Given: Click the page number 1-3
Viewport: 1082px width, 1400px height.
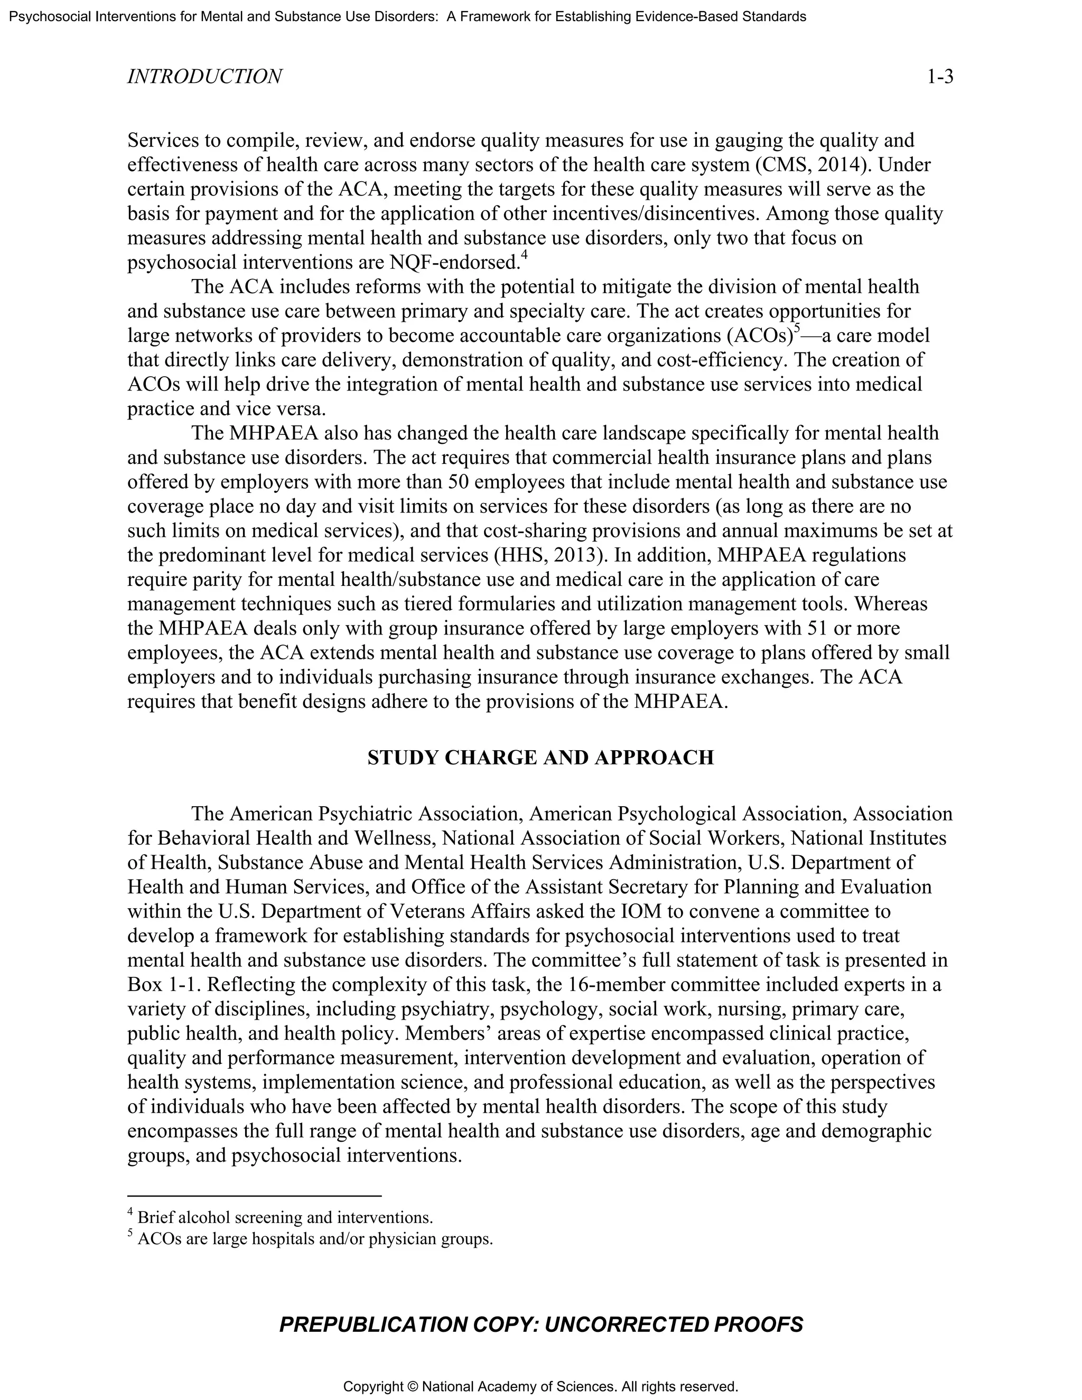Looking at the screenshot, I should click(940, 77).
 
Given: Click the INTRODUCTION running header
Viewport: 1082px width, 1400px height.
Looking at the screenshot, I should click(204, 77).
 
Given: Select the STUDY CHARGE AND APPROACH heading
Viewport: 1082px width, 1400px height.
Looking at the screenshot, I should click(540, 758).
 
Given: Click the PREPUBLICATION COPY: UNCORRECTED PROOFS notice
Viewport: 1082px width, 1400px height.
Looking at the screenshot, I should click(540, 1324).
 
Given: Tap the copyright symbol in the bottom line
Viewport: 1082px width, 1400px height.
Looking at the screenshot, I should click(411, 1387).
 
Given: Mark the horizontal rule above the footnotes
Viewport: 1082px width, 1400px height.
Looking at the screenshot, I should click(255, 1196).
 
